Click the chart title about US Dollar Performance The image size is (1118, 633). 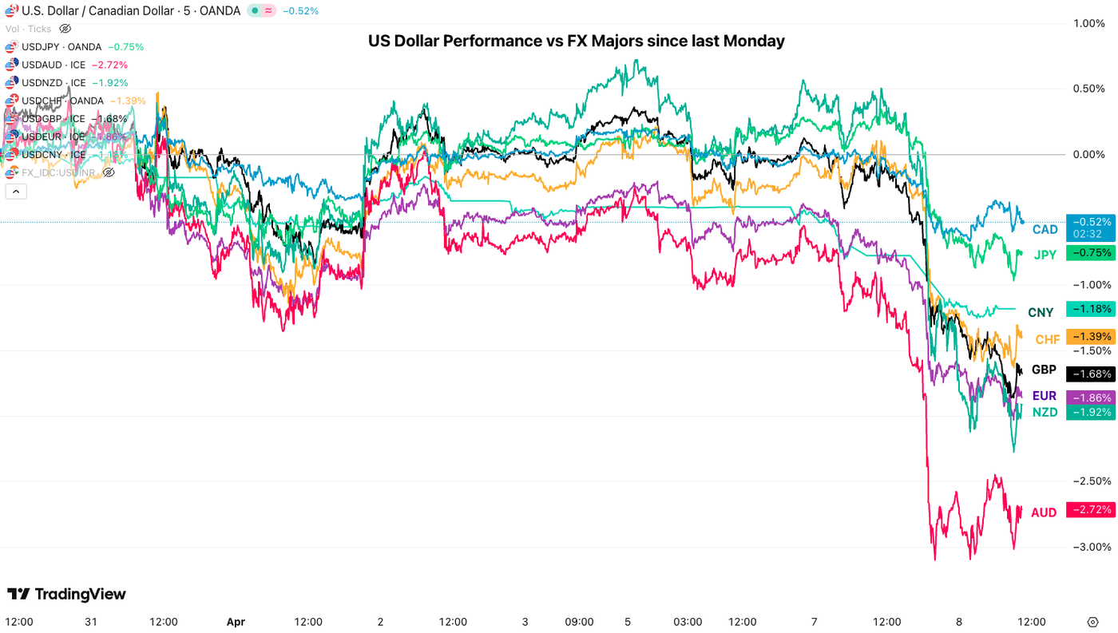[x=576, y=41]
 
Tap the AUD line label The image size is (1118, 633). [x=1044, y=512]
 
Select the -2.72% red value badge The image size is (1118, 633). [x=1091, y=509]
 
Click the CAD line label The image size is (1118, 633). [x=1045, y=230]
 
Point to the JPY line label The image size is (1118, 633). [x=1045, y=255]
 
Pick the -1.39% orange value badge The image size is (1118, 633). [x=1091, y=337]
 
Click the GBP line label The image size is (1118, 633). [x=1044, y=370]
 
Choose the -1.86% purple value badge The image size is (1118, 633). [x=1091, y=398]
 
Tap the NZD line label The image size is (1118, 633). [x=1045, y=412]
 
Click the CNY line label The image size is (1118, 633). [x=1041, y=313]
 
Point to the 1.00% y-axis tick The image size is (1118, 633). [x=1089, y=24]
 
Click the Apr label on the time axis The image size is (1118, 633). [x=236, y=622]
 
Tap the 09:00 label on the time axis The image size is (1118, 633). [x=579, y=622]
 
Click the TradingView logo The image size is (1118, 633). [x=67, y=594]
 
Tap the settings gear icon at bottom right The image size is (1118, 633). [x=1092, y=622]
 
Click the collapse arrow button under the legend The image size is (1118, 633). [x=15, y=191]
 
